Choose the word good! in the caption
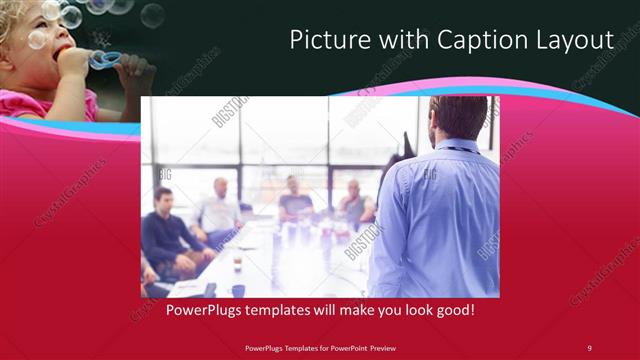pos(453,311)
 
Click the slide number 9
pos(589,347)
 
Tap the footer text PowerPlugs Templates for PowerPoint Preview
pos(319,347)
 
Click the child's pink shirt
pos(45,103)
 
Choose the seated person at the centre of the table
pos(294,200)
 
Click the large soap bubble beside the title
pos(152,15)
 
